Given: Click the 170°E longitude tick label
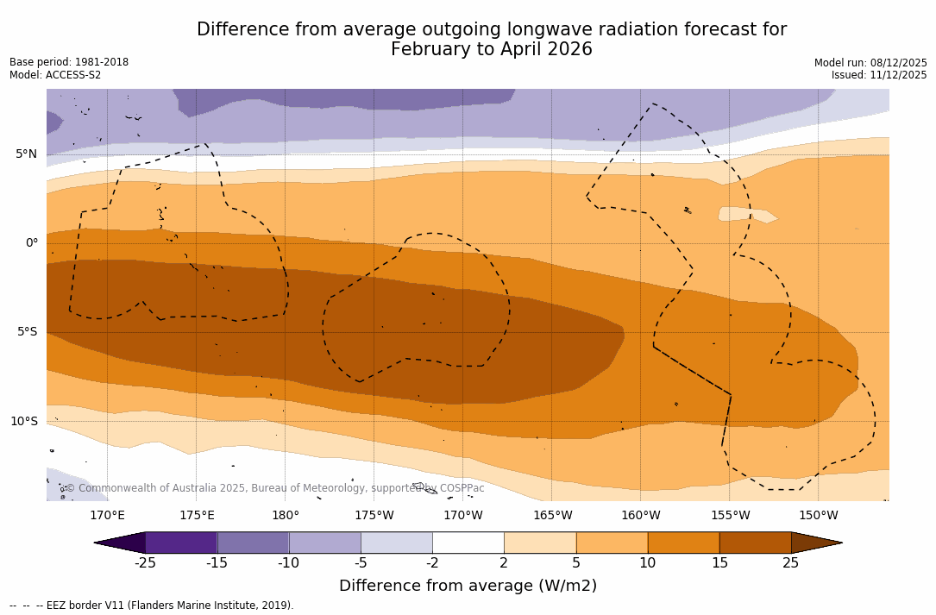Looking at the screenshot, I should coord(107,516).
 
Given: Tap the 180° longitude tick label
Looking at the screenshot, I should coord(286,516).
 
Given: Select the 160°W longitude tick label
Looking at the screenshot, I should coord(641,516).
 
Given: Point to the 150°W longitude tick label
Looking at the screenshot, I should coord(819,516).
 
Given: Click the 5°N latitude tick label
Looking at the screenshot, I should coord(26,154).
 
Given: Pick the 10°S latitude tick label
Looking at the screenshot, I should coord(23,422).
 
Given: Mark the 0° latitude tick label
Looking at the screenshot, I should coord(32,243).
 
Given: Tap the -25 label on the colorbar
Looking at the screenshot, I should coord(145,563).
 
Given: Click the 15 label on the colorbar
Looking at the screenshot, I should coord(719,563).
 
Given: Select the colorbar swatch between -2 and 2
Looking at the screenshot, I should coord(468,543).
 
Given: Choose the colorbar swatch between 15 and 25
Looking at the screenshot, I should coord(755,543).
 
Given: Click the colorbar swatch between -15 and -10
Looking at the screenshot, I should coord(253,543).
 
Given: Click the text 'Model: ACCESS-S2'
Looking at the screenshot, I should coord(55,75).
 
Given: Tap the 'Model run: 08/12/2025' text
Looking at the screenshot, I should coord(870,63).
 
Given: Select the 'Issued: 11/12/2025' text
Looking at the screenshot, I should coord(879,75).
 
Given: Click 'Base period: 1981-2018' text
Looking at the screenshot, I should coord(69,62).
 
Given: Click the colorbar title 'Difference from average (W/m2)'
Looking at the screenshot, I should coord(468,587).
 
